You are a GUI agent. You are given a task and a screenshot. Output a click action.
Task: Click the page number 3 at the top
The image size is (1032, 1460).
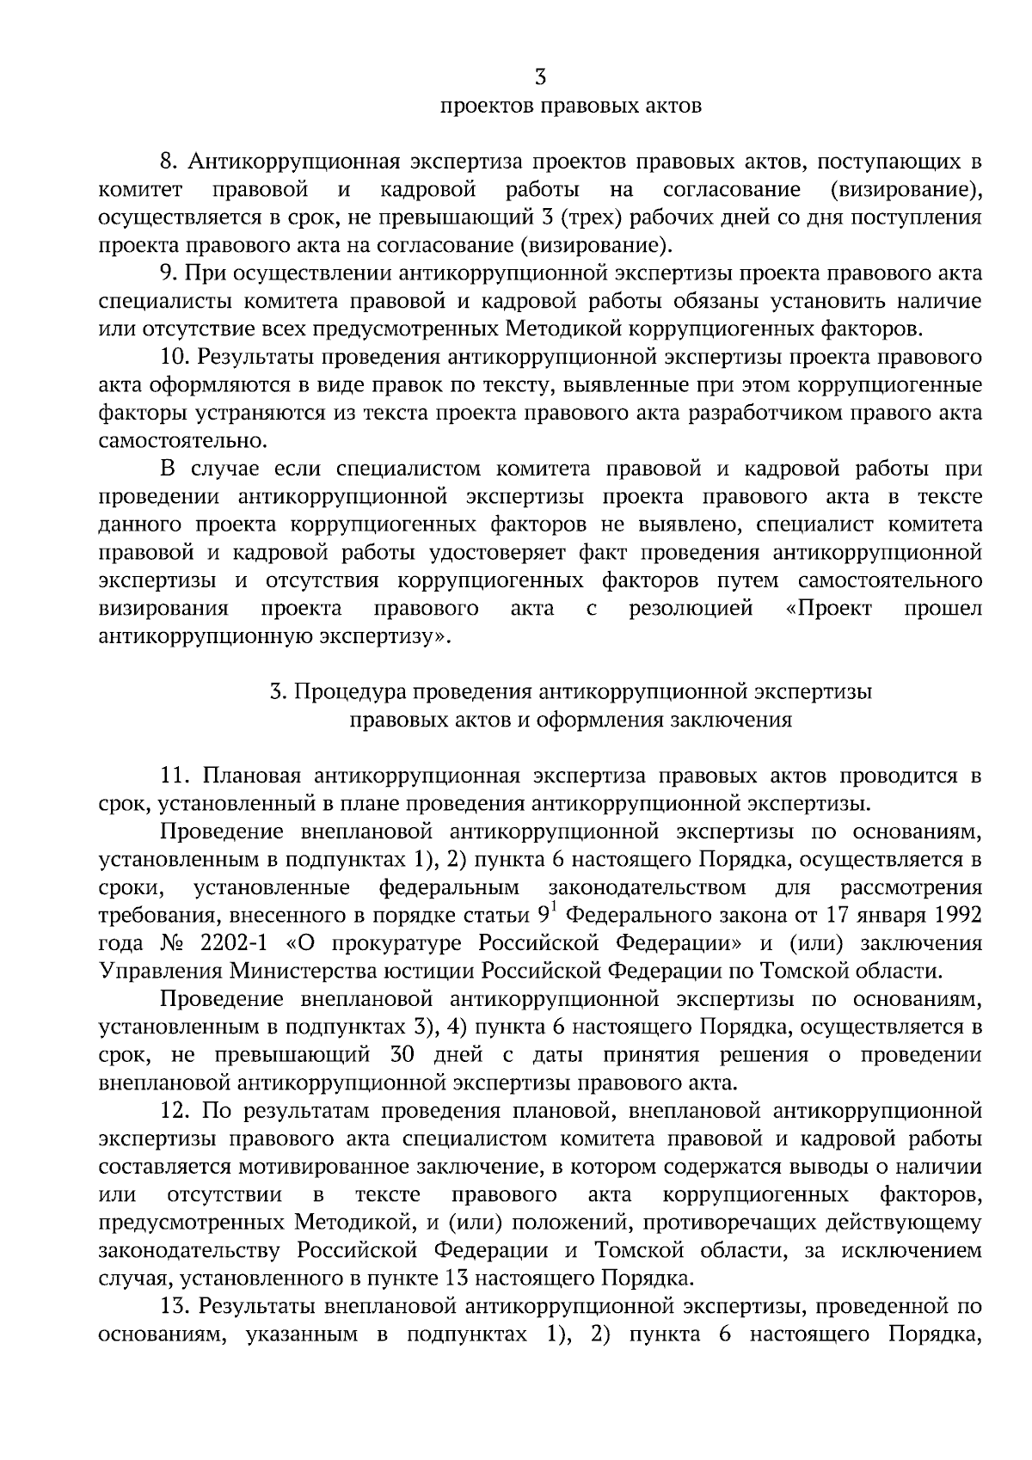point(540,78)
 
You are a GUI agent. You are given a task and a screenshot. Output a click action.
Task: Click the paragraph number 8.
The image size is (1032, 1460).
point(168,162)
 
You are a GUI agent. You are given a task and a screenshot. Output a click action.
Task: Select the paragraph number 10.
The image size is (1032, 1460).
point(174,357)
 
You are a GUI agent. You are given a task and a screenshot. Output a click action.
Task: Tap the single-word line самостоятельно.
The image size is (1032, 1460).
point(183,441)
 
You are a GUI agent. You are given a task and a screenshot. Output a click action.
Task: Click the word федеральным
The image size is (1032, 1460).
point(449,887)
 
